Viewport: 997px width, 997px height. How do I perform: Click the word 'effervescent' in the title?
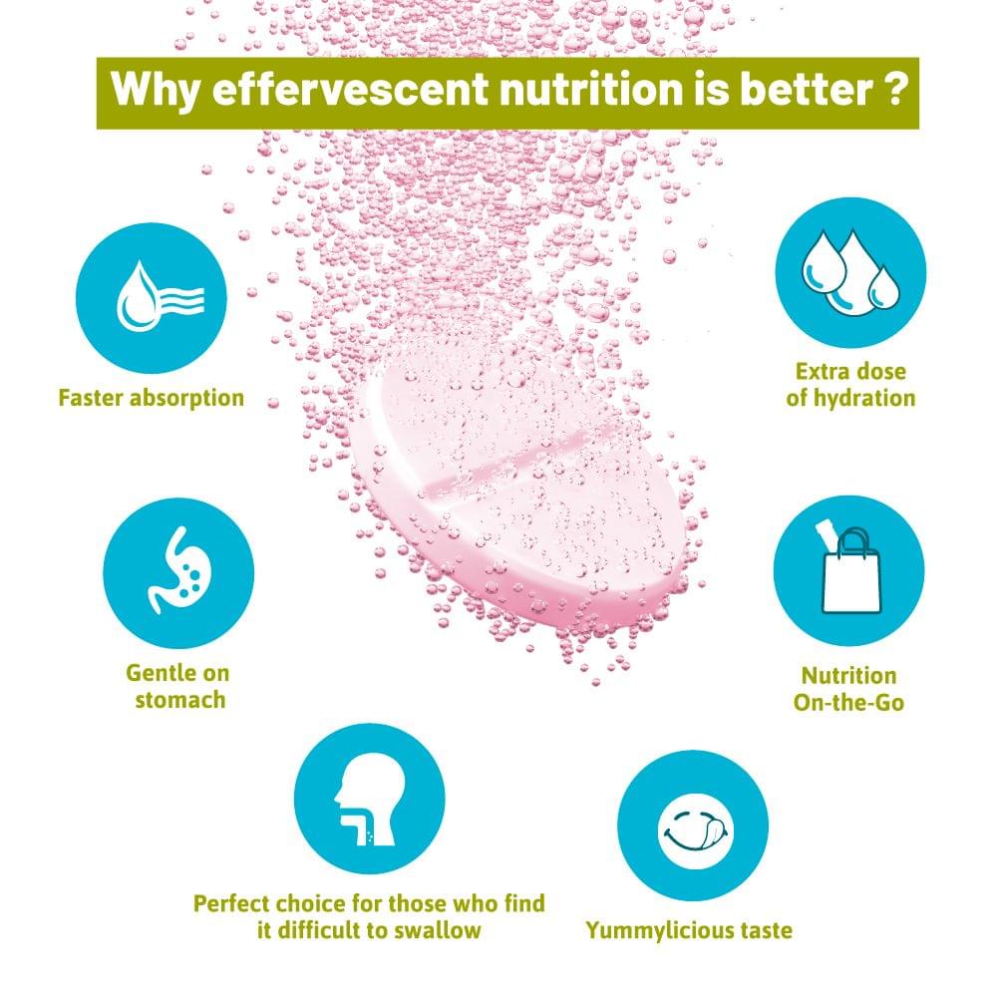[350, 89]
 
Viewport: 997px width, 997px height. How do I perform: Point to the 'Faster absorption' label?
[152, 398]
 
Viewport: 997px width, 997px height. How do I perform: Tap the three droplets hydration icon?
[850, 273]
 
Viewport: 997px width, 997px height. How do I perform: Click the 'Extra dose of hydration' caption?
[850, 385]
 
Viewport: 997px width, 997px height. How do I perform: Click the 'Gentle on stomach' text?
[178, 686]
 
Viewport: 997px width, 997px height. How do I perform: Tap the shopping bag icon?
[848, 570]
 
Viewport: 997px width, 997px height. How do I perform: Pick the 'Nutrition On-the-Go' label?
[848, 689]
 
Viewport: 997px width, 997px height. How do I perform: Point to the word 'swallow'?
[438, 930]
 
